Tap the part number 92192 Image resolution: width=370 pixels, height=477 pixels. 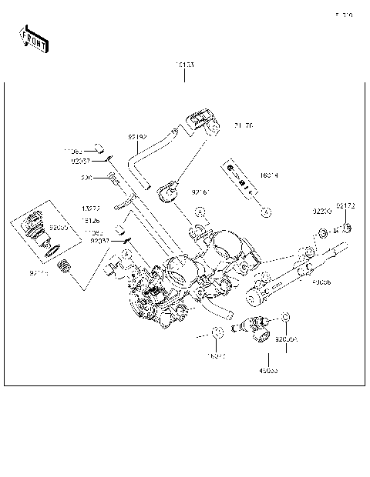pos(137,136)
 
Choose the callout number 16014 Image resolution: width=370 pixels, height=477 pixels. pos(269,176)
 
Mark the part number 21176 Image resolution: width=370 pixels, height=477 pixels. pos(243,125)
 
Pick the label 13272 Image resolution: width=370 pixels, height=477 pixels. pos(91,208)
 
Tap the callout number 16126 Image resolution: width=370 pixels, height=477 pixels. pos(91,219)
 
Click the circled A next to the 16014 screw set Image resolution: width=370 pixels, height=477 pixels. pos(264,210)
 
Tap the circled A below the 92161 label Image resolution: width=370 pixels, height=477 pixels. pos(200,212)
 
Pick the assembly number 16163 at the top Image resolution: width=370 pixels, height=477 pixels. pos(184,65)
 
